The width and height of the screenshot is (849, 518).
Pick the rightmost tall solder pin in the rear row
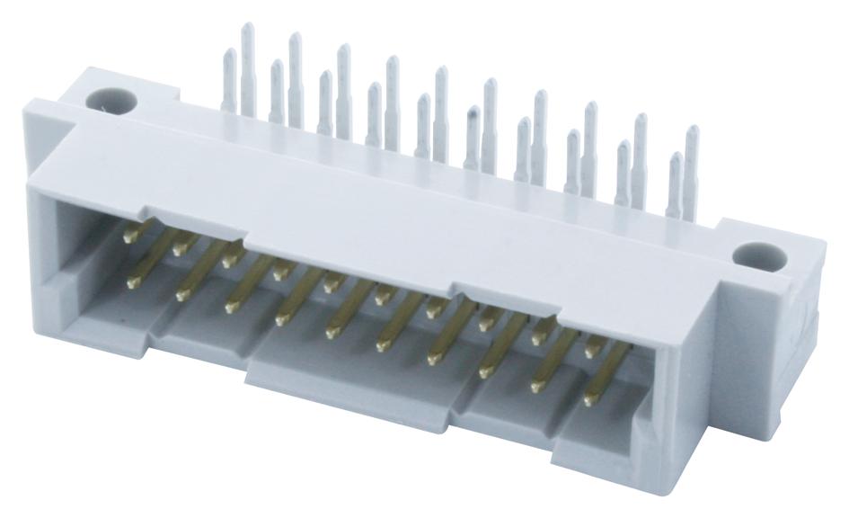(691, 171)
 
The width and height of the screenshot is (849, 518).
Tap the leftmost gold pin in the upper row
(133, 235)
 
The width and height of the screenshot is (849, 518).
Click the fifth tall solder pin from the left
(441, 112)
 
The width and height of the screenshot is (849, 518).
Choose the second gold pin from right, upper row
(542, 335)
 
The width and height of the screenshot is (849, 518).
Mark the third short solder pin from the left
(325, 103)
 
